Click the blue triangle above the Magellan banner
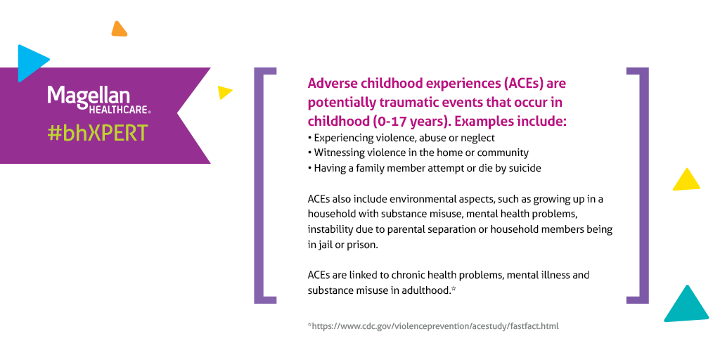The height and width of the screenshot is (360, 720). (x=30, y=62)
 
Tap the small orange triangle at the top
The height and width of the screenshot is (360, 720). (x=119, y=29)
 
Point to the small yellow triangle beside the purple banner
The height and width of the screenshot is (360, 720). (x=224, y=91)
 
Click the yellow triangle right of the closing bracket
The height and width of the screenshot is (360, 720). (x=686, y=180)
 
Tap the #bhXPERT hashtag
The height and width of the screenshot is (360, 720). (x=98, y=132)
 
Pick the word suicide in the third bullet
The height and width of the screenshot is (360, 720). (x=523, y=168)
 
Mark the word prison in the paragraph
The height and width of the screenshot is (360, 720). (x=361, y=245)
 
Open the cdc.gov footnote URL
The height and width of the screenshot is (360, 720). (x=433, y=326)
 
